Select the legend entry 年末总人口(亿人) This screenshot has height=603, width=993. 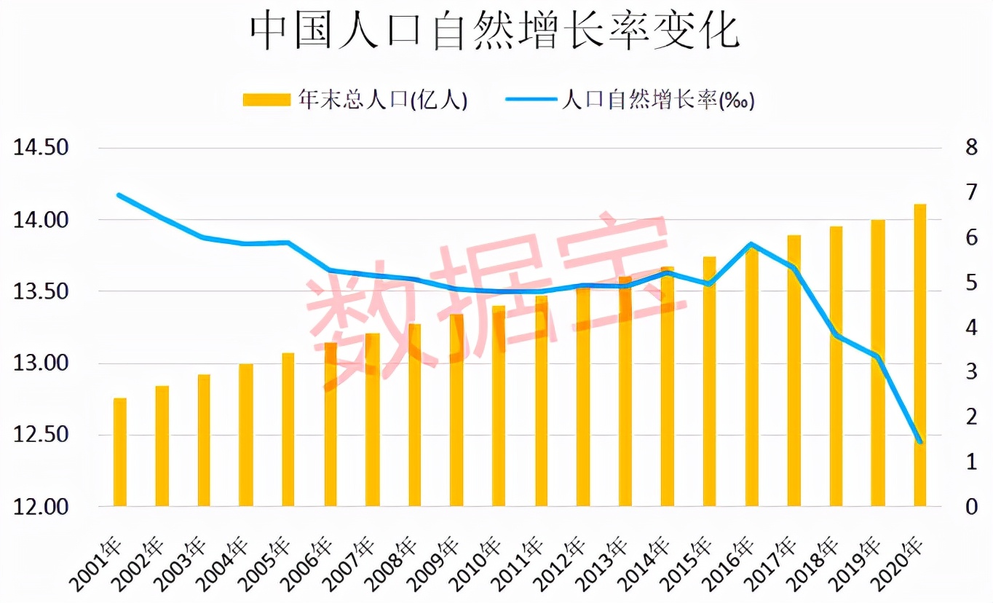pos(355,100)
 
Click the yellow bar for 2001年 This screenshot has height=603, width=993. pos(120,452)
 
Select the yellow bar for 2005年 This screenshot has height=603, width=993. pos(288,430)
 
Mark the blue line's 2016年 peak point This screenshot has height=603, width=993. pos(752,245)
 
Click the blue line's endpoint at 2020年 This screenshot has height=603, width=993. pos(920,442)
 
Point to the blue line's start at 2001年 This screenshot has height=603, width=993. pos(119,195)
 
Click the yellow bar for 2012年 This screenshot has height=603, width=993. pos(583,398)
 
